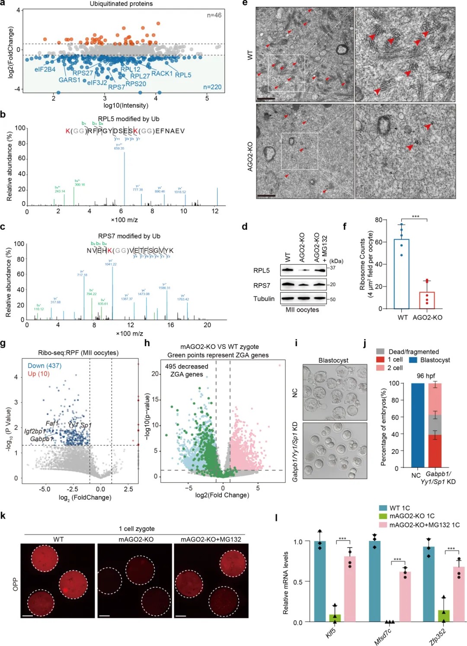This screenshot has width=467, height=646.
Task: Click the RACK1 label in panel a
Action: point(162,74)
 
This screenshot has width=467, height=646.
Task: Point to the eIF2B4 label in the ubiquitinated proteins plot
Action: point(45,69)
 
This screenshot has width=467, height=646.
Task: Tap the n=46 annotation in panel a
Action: point(214,15)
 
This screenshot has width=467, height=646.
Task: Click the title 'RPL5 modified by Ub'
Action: point(128,119)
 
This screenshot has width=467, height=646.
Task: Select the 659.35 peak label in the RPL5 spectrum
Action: point(119,148)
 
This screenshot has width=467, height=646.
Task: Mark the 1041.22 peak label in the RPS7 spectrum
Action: point(111,264)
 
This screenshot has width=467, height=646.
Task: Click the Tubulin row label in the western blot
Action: point(264,299)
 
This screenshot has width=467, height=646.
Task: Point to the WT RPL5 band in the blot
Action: point(287,270)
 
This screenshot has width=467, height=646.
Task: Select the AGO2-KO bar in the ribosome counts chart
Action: point(427,300)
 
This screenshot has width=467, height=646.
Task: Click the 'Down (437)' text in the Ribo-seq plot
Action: point(45,366)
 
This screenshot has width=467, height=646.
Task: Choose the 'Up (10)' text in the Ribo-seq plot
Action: point(38,374)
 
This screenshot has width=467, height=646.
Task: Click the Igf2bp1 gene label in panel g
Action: point(35,431)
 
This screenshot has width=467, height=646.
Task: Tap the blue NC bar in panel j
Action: point(417,425)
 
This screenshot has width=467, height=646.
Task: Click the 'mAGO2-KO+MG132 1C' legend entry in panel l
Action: point(424,525)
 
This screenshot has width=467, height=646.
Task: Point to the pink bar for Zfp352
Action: point(459,594)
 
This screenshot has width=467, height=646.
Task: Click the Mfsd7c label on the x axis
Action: point(383,636)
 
